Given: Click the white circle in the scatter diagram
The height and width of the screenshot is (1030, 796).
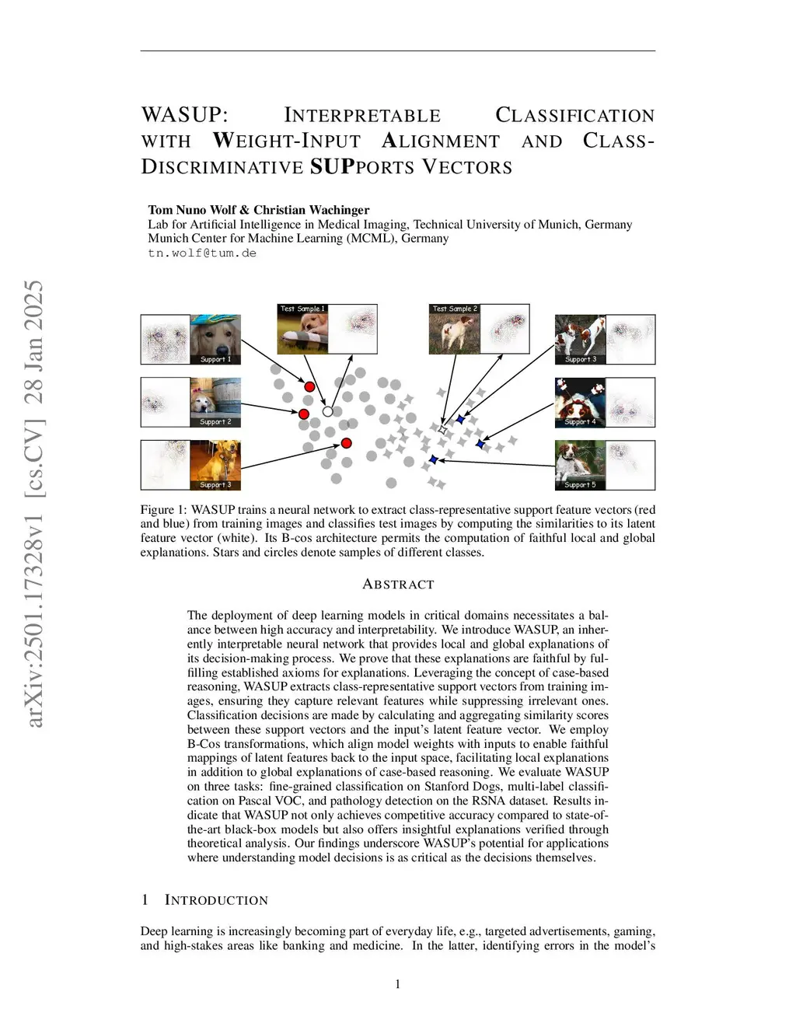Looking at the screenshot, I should coord(327,411).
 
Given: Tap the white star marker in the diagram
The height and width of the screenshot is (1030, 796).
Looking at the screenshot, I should coord(442,429).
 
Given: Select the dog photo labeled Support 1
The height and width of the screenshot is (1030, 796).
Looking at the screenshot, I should coord(215,339).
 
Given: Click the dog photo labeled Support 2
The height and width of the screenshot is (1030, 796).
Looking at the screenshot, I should coord(215,402).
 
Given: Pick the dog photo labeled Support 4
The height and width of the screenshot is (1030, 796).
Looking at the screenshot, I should coord(580,402).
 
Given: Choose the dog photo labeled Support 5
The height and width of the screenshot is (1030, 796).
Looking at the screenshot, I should coord(580,465).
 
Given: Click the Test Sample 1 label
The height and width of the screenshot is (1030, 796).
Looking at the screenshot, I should coord(302,309).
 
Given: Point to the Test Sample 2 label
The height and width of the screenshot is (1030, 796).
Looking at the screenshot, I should coord(455,309).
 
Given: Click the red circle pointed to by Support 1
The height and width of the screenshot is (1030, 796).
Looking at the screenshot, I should coord(309,386).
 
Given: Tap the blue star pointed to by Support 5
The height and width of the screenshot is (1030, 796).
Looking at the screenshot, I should coord(433,460).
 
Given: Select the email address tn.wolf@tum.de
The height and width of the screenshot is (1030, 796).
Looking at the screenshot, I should coord(202,253).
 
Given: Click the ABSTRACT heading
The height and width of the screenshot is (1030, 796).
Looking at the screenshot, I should coord(398,584).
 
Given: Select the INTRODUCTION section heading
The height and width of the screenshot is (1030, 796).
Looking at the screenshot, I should coord(216,900).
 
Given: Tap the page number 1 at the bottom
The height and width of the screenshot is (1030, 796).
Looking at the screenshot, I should coord(398,984).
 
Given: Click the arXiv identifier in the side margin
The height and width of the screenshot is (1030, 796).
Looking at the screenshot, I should coord(34,504).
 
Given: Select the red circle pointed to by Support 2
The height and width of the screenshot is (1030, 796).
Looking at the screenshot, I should coord(304,414).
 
